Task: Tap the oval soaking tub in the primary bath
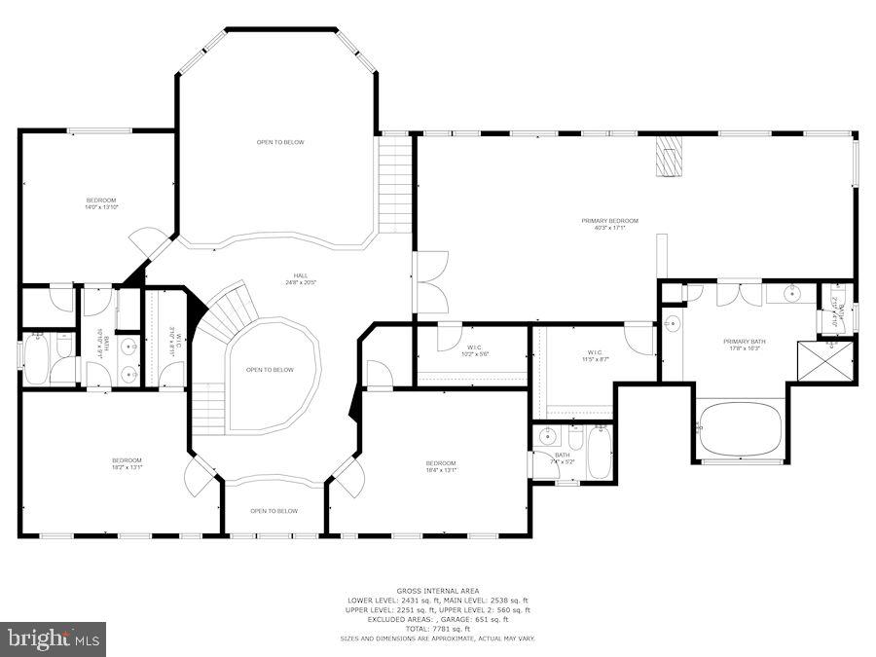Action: coord(740,428)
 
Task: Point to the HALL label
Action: coord(301,275)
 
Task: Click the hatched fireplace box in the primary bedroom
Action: coord(668,157)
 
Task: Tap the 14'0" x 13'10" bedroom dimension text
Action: coord(101,207)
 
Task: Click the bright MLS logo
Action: coord(54,639)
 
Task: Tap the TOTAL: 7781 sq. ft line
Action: coord(437,628)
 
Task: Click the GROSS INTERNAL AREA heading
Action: coord(437,590)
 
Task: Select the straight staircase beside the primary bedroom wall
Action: coord(395,184)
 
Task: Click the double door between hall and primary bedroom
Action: coord(430,282)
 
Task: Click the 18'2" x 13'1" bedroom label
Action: coord(127,463)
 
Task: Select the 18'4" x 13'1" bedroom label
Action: coord(440,466)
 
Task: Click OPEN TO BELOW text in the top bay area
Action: coord(280,142)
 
